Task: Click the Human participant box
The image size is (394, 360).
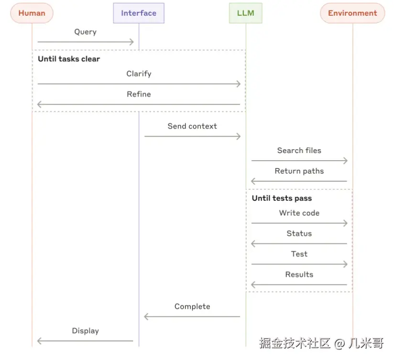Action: pyautogui.click(x=32, y=13)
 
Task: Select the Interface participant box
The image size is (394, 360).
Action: pyautogui.click(x=139, y=13)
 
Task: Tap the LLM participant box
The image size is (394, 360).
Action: pyautogui.click(x=246, y=13)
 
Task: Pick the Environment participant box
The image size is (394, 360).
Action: pyautogui.click(x=352, y=13)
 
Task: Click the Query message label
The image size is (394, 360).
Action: pyautogui.click(x=85, y=32)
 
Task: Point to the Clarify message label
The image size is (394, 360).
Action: pyautogui.click(x=139, y=74)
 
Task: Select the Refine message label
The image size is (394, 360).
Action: pyautogui.click(x=139, y=94)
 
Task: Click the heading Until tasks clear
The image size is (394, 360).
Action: pyautogui.click(x=69, y=59)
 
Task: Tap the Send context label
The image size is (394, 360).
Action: pyautogui.click(x=192, y=126)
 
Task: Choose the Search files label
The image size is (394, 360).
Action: pyautogui.click(x=299, y=151)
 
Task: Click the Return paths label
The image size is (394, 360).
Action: pyautogui.click(x=299, y=171)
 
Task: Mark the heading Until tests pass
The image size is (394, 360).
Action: pyautogui.click(x=282, y=198)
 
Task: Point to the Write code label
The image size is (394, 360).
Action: pyautogui.click(x=299, y=213)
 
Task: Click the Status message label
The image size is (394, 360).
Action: pyautogui.click(x=299, y=234)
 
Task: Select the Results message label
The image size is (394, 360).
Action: pyautogui.click(x=299, y=274)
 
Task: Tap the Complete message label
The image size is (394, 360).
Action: pyautogui.click(x=192, y=306)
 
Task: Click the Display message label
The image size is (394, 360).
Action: pyautogui.click(x=85, y=331)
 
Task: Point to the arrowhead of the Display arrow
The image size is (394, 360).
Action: pyautogui.click(x=40, y=341)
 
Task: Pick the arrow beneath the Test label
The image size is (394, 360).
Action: pyautogui.click(x=299, y=264)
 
